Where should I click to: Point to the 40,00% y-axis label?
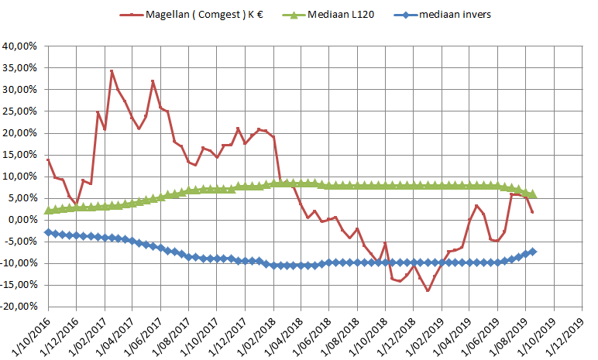coord(21,46)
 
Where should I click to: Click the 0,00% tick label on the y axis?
coord(23,219)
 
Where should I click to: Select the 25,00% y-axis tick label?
coord(21,111)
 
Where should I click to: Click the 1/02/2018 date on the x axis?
coord(256,331)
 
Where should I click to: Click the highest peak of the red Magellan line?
coord(112,71)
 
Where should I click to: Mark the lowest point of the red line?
coord(428,290)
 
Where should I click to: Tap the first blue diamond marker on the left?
coord(48,232)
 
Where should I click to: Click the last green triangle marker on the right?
coord(533,194)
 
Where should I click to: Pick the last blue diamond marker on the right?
coord(533,252)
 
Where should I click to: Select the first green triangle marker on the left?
coord(48,210)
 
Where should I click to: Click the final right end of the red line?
coord(533,212)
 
